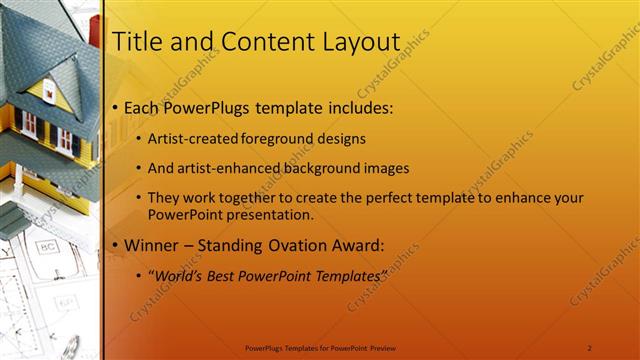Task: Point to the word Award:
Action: pyautogui.click(x=355, y=245)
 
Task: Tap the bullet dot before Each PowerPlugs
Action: pyautogui.click(x=115, y=107)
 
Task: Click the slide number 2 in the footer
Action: pyautogui.click(x=589, y=348)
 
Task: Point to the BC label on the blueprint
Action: pyautogui.click(x=47, y=246)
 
